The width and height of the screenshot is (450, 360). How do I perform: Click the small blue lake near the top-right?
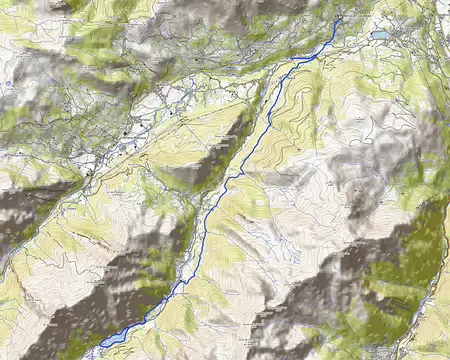point(381,35)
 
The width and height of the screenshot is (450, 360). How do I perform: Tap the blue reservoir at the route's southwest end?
point(112,339)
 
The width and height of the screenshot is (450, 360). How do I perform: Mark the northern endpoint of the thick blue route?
point(341,18)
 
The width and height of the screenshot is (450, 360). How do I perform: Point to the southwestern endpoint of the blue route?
point(101,345)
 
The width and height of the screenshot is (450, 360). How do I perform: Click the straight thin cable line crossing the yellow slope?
point(225,140)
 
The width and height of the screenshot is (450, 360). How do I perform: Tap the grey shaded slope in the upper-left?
point(60,30)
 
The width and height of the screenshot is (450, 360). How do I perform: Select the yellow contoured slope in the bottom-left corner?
point(20,300)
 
